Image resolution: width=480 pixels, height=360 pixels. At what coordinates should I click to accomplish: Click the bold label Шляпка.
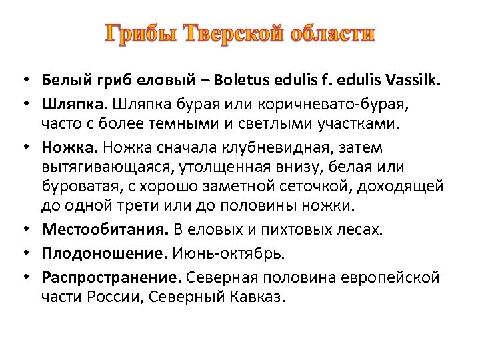74,104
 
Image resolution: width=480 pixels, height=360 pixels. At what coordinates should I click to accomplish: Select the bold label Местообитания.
105,229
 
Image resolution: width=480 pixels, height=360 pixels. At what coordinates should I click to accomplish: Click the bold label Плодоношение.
105,253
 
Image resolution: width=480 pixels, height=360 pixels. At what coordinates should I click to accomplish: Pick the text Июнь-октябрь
228,253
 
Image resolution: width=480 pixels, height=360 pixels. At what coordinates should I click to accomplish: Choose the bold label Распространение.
112,276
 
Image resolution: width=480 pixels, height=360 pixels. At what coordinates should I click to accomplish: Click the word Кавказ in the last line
259,295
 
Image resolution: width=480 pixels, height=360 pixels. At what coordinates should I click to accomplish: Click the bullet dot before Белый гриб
23,82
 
